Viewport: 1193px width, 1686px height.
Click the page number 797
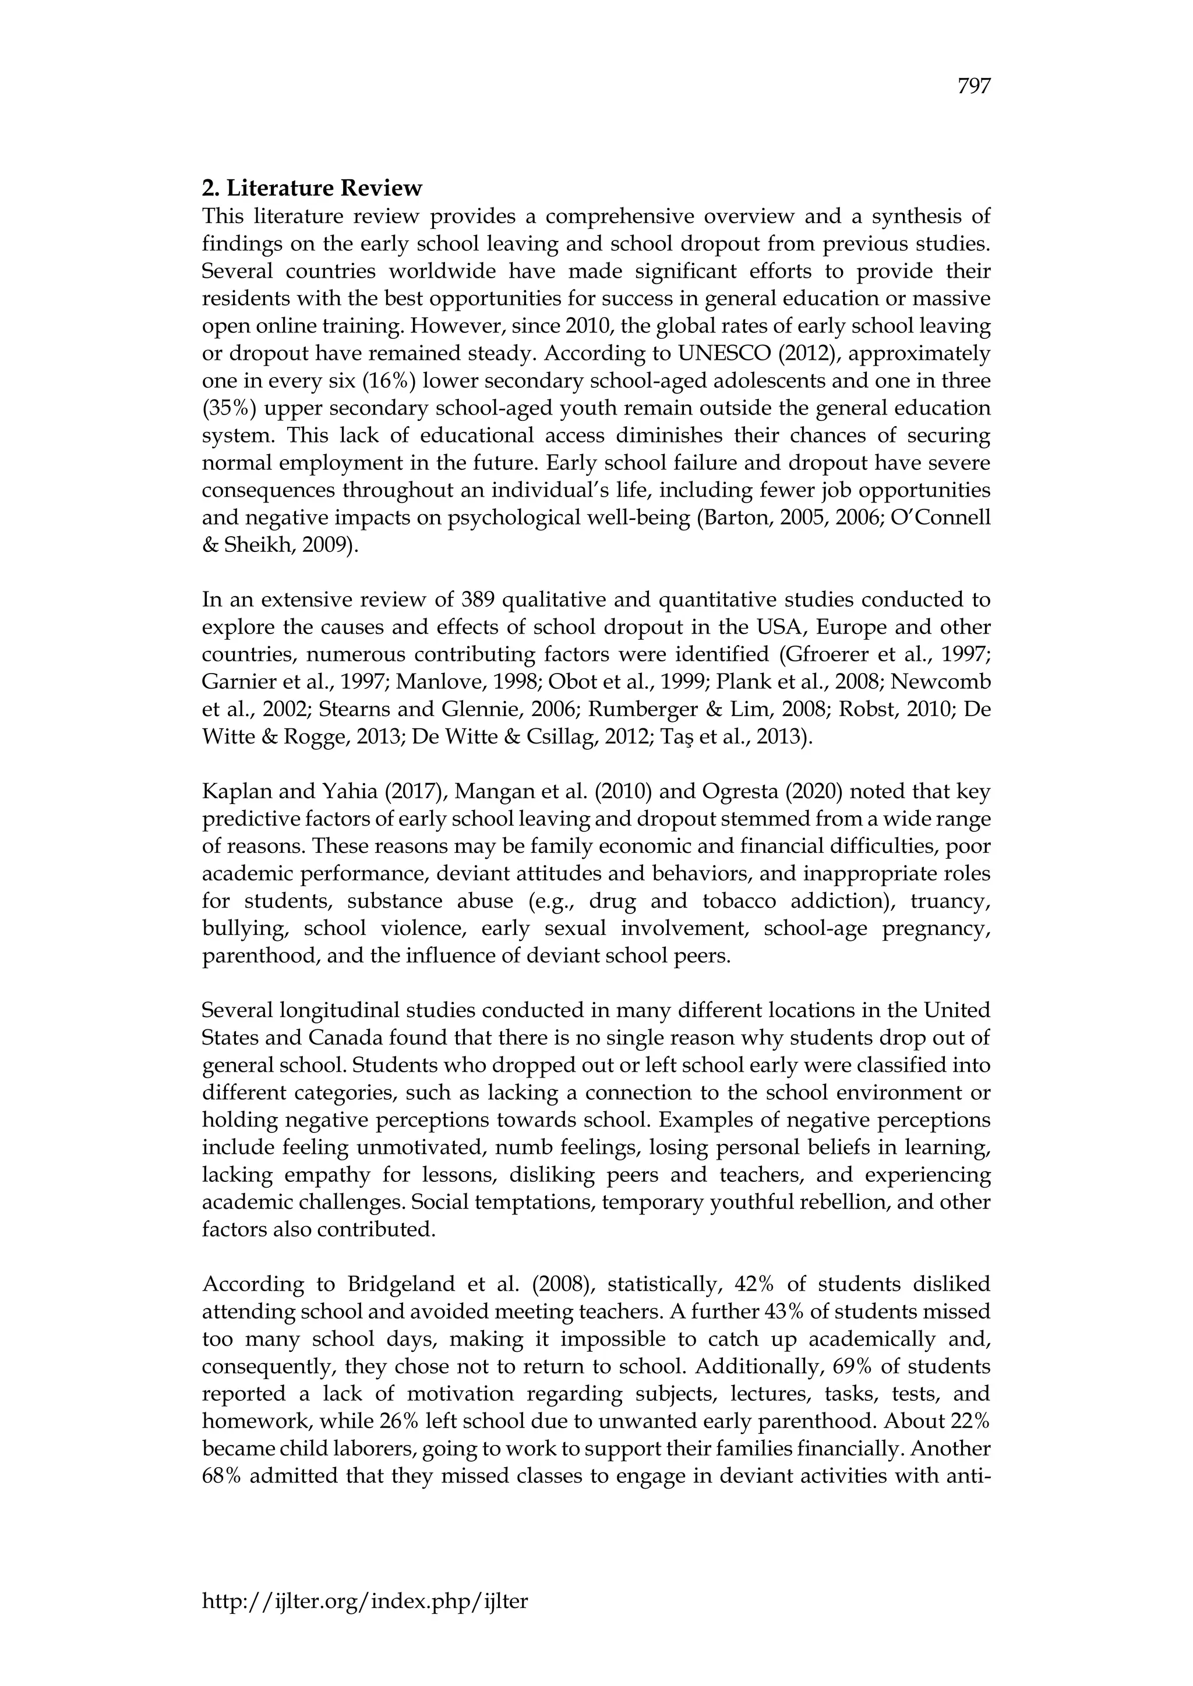974,87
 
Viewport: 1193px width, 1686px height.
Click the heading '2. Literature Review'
312,189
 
